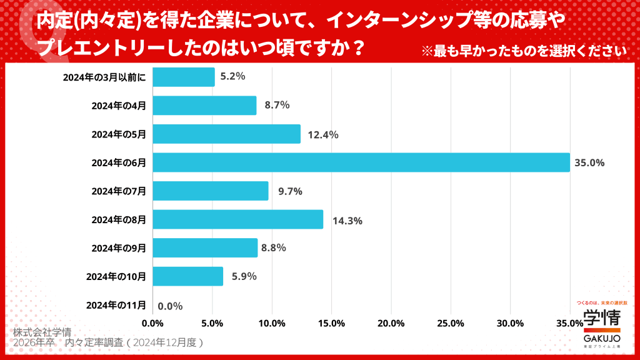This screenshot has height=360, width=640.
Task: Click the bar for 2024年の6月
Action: [x=361, y=162]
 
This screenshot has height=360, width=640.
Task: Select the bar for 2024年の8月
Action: [x=237, y=219]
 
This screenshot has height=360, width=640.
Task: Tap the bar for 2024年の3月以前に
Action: [x=184, y=77]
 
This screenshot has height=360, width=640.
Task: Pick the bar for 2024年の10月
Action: [x=187, y=276]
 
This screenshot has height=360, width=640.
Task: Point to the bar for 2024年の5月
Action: [x=226, y=134]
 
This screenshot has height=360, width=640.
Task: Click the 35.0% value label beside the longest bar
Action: [x=589, y=163]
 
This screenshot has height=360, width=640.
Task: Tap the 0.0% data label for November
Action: [x=170, y=306]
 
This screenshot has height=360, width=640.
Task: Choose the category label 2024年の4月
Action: [x=119, y=106]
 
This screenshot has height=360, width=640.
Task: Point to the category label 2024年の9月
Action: [x=119, y=248]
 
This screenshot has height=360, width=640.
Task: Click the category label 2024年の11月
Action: [x=116, y=305]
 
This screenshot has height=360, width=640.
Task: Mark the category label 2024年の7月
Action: [x=119, y=191]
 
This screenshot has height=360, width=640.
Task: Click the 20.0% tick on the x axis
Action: [x=391, y=323]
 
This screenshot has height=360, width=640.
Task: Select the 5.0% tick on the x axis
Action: [x=212, y=323]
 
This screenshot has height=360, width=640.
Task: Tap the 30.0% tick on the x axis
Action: [x=510, y=323]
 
